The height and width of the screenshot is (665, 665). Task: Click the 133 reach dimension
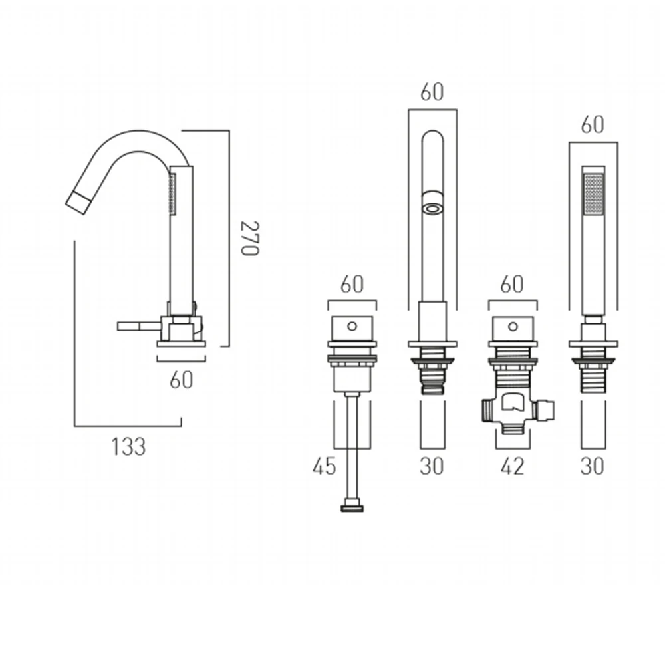pyautogui.click(x=128, y=446)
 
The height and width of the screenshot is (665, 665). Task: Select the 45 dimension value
pyautogui.click(x=324, y=466)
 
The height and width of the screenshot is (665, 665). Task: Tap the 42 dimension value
pyautogui.click(x=511, y=466)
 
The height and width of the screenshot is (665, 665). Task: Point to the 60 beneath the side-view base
pyautogui.click(x=182, y=380)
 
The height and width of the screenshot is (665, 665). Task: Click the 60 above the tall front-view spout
pyautogui.click(x=432, y=92)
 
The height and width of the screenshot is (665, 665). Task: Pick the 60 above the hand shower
pyautogui.click(x=593, y=124)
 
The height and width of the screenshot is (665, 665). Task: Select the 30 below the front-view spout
pyautogui.click(x=432, y=466)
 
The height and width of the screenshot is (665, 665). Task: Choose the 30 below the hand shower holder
pyautogui.click(x=593, y=466)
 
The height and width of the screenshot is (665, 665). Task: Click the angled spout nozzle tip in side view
pyautogui.click(x=78, y=198)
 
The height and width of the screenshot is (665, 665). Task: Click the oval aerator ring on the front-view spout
pyautogui.click(x=432, y=209)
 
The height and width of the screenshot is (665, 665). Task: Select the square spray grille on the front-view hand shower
pyautogui.click(x=593, y=194)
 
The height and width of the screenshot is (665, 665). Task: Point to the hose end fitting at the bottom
pyautogui.click(x=352, y=509)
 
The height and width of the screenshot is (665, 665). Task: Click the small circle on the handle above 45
pyautogui.click(x=352, y=327)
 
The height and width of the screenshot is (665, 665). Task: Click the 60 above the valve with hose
pyautogui.click(x=352, y=284)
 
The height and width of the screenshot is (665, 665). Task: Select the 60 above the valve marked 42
pyautogui.click(x=512, y=284)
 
